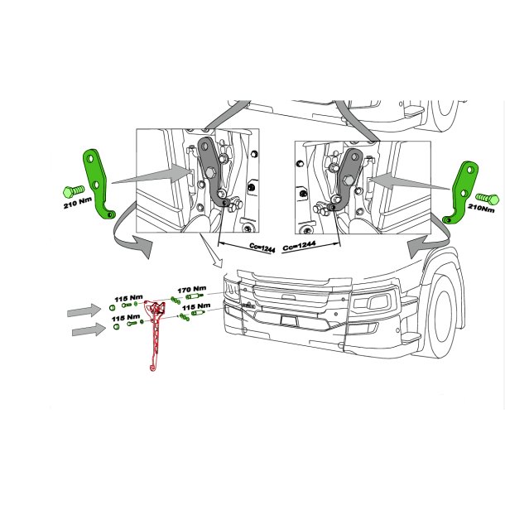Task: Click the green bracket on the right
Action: (x=463, y=193)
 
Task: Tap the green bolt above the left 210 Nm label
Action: (x=74, y=191)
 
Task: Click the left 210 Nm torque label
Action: (x=78, y=203)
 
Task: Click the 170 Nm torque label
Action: (x=191, y=289)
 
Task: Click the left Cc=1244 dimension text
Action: (x=262, y=248)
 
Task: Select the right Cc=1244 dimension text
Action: (x=299, y=246)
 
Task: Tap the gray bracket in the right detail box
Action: (x=348, y=179)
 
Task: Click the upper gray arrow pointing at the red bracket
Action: (x=84, y=310)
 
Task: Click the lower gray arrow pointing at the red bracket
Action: (x=89, y=329)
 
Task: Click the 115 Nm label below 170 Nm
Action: (x=196, y=306)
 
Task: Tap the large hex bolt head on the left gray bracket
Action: (x=209, y=173)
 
